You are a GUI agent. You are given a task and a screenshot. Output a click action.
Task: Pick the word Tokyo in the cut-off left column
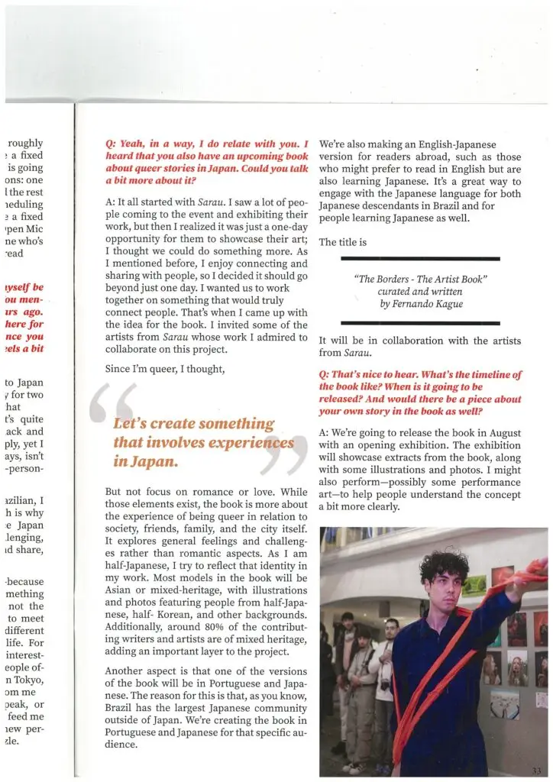pyautogui.click(x=28, y=677)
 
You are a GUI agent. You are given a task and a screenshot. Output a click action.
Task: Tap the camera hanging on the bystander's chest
pyautogui.click(x=386, y=684)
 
